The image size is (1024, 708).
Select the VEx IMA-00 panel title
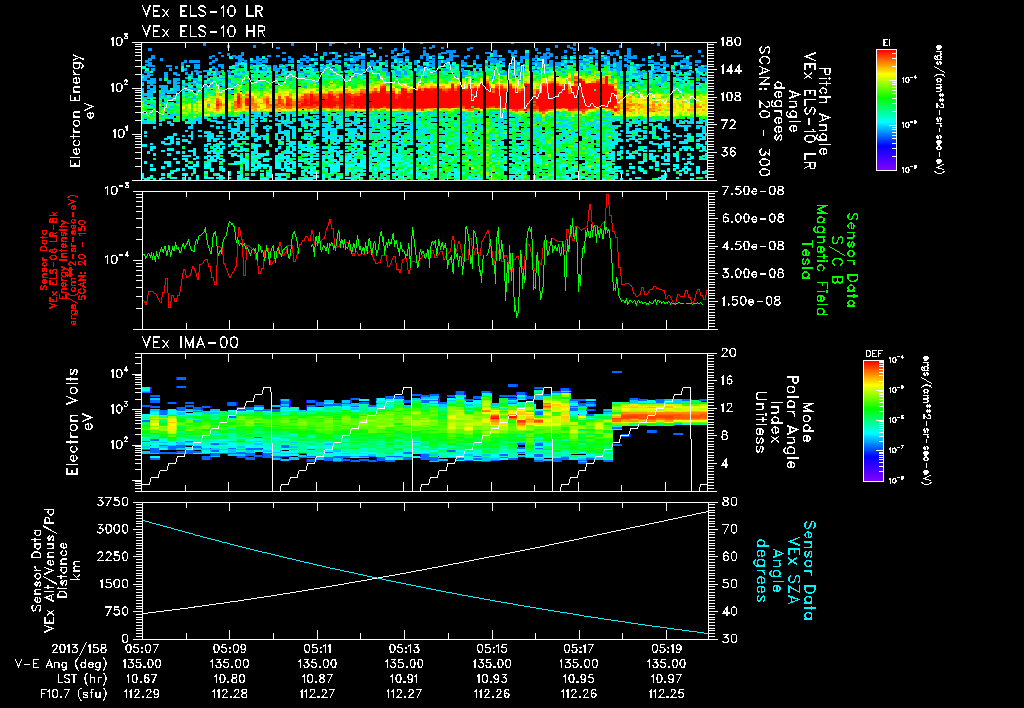point(181,342)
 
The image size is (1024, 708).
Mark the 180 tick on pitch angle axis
point(729,42)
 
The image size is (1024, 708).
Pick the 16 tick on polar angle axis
point(728,381)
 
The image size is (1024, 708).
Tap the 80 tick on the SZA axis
point(728,502)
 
